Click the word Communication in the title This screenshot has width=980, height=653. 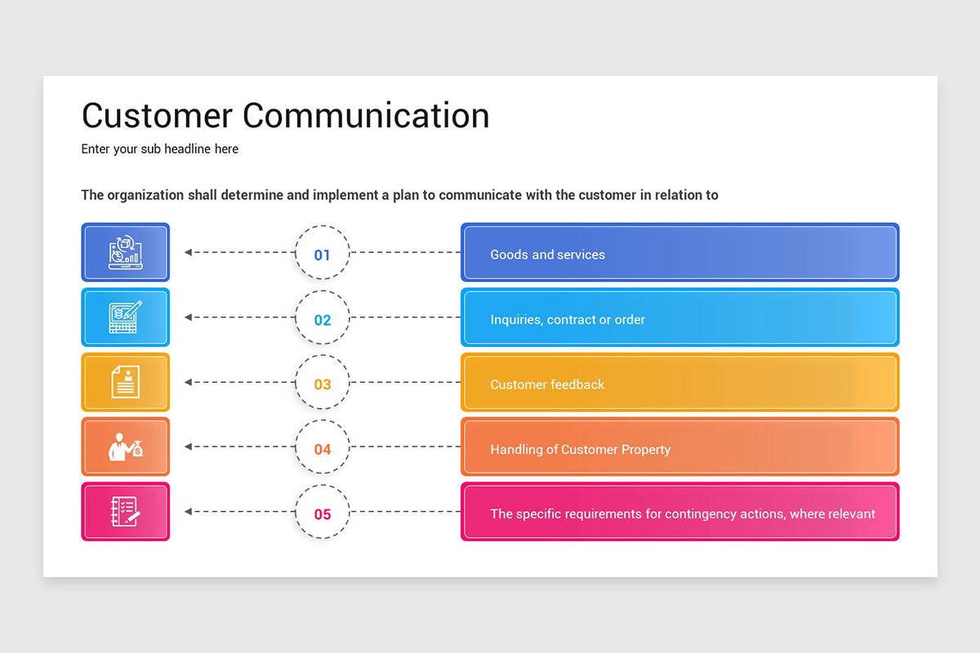(366, 116)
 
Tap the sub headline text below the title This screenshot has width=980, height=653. (160, 149)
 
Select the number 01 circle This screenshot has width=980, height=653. (323, 254)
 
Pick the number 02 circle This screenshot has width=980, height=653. (323, 319)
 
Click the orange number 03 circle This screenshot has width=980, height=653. (323, 384)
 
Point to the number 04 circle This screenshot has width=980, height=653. (323, 449)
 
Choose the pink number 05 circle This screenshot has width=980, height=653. (323, 513)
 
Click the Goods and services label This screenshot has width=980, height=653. (547, 255)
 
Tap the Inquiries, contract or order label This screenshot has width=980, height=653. (568, 320)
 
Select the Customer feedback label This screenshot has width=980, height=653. (547, 384)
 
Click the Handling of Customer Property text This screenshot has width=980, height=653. (580, 450)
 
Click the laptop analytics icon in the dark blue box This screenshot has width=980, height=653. (126, 253)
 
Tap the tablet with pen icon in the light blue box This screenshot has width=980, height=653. (126, 318)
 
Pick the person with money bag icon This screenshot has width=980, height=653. (126, 447)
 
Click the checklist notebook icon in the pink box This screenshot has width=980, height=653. (126, 512)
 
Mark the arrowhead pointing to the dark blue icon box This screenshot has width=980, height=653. (189, 252)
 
